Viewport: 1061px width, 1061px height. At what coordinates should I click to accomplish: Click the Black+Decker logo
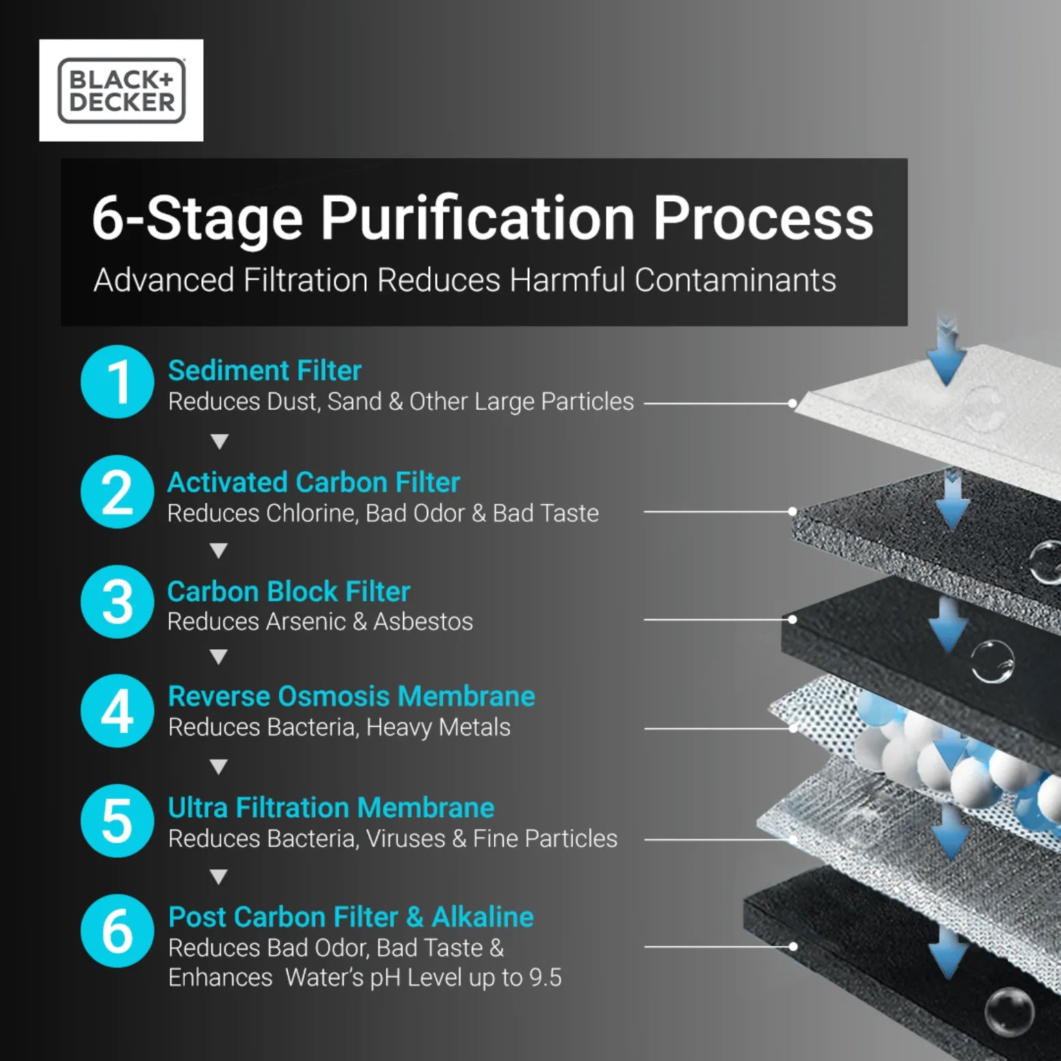pos(121,91)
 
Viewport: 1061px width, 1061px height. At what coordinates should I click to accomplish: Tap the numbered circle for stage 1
pos(117,382)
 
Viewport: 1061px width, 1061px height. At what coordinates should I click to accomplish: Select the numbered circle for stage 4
pos(117,711)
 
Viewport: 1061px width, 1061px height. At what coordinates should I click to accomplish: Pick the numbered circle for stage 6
pos(117,931)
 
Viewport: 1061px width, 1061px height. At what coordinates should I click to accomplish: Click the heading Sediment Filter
pos(265,371)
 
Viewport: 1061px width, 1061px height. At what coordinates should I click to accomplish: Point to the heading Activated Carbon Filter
pos(314,483)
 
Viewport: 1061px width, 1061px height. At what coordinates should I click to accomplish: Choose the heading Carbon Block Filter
pos(288,592)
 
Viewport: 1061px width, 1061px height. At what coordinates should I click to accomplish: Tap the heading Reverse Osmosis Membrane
pos(351,697)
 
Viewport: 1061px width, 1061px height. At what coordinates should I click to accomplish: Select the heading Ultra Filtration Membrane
pos(331,808)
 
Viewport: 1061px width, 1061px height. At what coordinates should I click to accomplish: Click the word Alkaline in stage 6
pos(483,918)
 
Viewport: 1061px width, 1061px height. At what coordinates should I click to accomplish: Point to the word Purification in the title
pos(477,218)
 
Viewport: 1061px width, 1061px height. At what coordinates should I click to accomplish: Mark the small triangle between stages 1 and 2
pos(219,442)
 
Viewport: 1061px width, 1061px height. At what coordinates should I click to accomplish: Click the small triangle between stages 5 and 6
pos(218,877)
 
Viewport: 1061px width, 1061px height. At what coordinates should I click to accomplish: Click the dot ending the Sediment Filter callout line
pos(792,404)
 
